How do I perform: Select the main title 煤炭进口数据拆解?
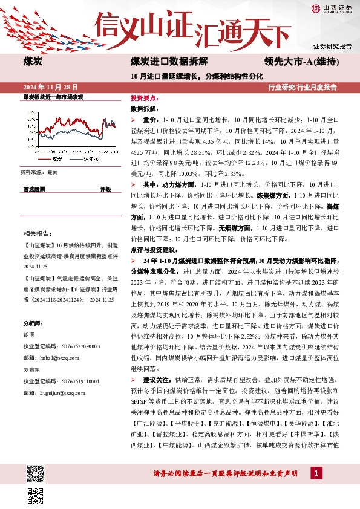tap(169, 62)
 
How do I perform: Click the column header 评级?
tap(105, 189)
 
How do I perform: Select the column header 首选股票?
tap(34, 189)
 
